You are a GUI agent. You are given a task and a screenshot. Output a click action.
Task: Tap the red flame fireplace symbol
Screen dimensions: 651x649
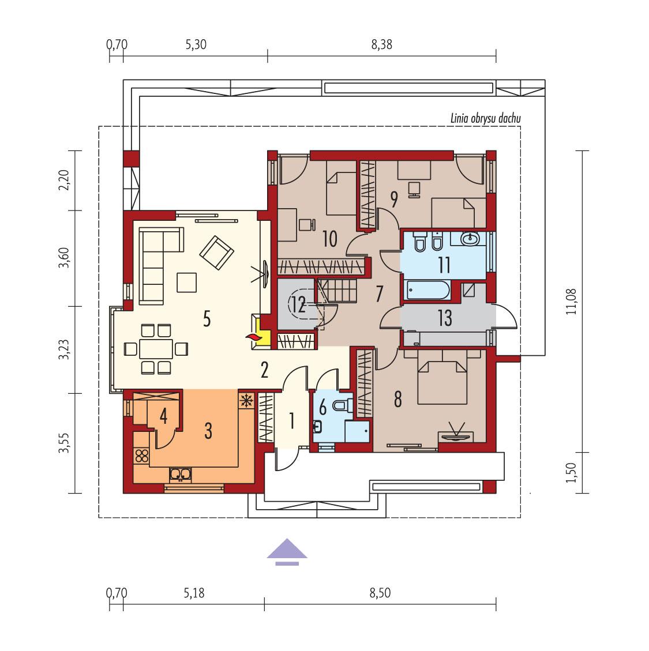tap(252, 337)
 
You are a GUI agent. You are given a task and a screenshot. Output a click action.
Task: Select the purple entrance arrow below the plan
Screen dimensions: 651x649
tap(287, 550)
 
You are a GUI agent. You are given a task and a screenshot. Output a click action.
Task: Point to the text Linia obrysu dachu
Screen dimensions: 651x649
tap(485, 119)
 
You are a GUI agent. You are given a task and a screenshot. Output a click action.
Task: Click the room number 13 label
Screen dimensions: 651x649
tap(444, 318)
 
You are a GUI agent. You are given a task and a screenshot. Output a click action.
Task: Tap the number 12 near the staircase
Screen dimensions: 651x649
tap(298, 304)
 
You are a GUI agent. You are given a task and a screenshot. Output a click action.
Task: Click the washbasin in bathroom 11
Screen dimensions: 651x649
tap(470, 238)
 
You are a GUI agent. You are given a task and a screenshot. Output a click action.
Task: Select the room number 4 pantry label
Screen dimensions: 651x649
tap(164, 416)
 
